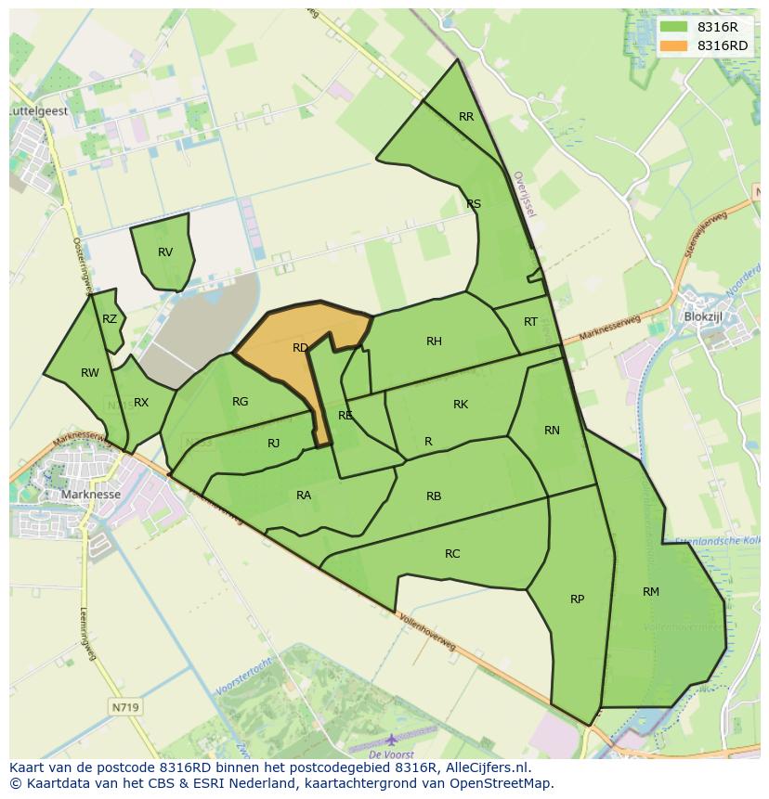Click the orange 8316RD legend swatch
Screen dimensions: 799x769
(x=675, y=45)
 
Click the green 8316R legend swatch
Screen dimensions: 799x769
(x=675, y=27)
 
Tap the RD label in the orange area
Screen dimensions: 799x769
(x=300, y=348)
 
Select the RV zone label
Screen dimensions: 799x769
(x=165, y=252)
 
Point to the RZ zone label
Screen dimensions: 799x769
(x=110, y=319)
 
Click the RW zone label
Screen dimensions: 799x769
(x=90, y=373)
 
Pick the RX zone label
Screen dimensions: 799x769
(x=141, y=403)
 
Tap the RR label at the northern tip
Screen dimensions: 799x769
(x=466, y=117)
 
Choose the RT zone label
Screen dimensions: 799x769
(x=530, y=322)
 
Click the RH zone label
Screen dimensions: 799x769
(x=434, y=342)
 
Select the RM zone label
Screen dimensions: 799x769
(x=650, y=592)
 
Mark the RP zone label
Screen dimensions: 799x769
(x=577, y=599)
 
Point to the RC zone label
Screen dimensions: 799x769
(x=452, y=554)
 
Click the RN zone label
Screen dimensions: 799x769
(x=552, y=431)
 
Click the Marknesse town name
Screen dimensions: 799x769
(x=90, y=495)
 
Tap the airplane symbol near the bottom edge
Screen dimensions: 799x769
(x=391, y=739)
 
